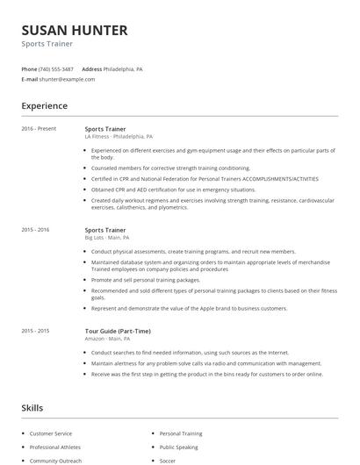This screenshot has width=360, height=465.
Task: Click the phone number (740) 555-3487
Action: point(57,68)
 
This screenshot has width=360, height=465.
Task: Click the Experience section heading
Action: point(44,106)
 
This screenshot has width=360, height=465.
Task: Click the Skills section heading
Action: point(32,408)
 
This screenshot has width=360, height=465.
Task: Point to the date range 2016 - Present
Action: point(39,129)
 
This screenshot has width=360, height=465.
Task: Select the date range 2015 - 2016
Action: point(35,230)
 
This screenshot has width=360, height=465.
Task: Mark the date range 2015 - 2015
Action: point(35,331)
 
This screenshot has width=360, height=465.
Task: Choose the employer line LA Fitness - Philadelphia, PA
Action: point(119,137)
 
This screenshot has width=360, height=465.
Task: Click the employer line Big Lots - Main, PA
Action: point(106,238)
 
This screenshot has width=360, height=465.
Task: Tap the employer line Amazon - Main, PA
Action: point(106,339)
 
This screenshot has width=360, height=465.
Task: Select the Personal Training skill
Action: point(181,433)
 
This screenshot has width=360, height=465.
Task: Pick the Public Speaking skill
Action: point(179,447)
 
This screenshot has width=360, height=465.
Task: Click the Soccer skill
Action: point(168,460)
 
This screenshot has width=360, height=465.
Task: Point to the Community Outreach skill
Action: point(55,460)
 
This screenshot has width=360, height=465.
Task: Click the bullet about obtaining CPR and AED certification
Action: point(173,190)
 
